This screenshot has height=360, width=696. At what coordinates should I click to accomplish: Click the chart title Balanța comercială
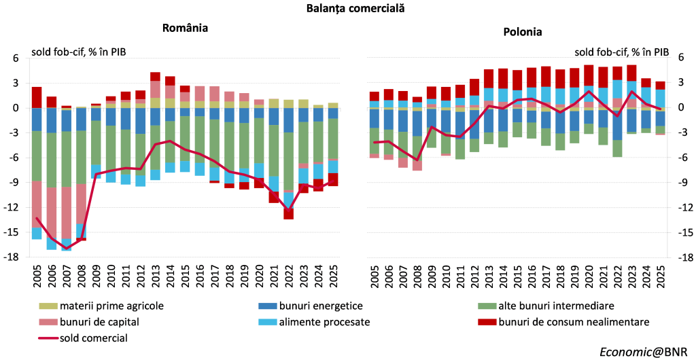pos(355,8)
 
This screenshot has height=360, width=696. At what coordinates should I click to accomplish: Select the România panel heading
pos(185,28)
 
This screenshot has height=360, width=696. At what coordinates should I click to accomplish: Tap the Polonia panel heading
pos(523,32)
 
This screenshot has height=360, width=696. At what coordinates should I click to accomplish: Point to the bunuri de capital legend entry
pos(90,321)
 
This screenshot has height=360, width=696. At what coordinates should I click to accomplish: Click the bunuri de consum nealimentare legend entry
pos(563,321)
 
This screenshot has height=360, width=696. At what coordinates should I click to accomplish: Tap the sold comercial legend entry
pos(84,338)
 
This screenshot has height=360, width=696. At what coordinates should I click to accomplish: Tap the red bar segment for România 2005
pos(37,98)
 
